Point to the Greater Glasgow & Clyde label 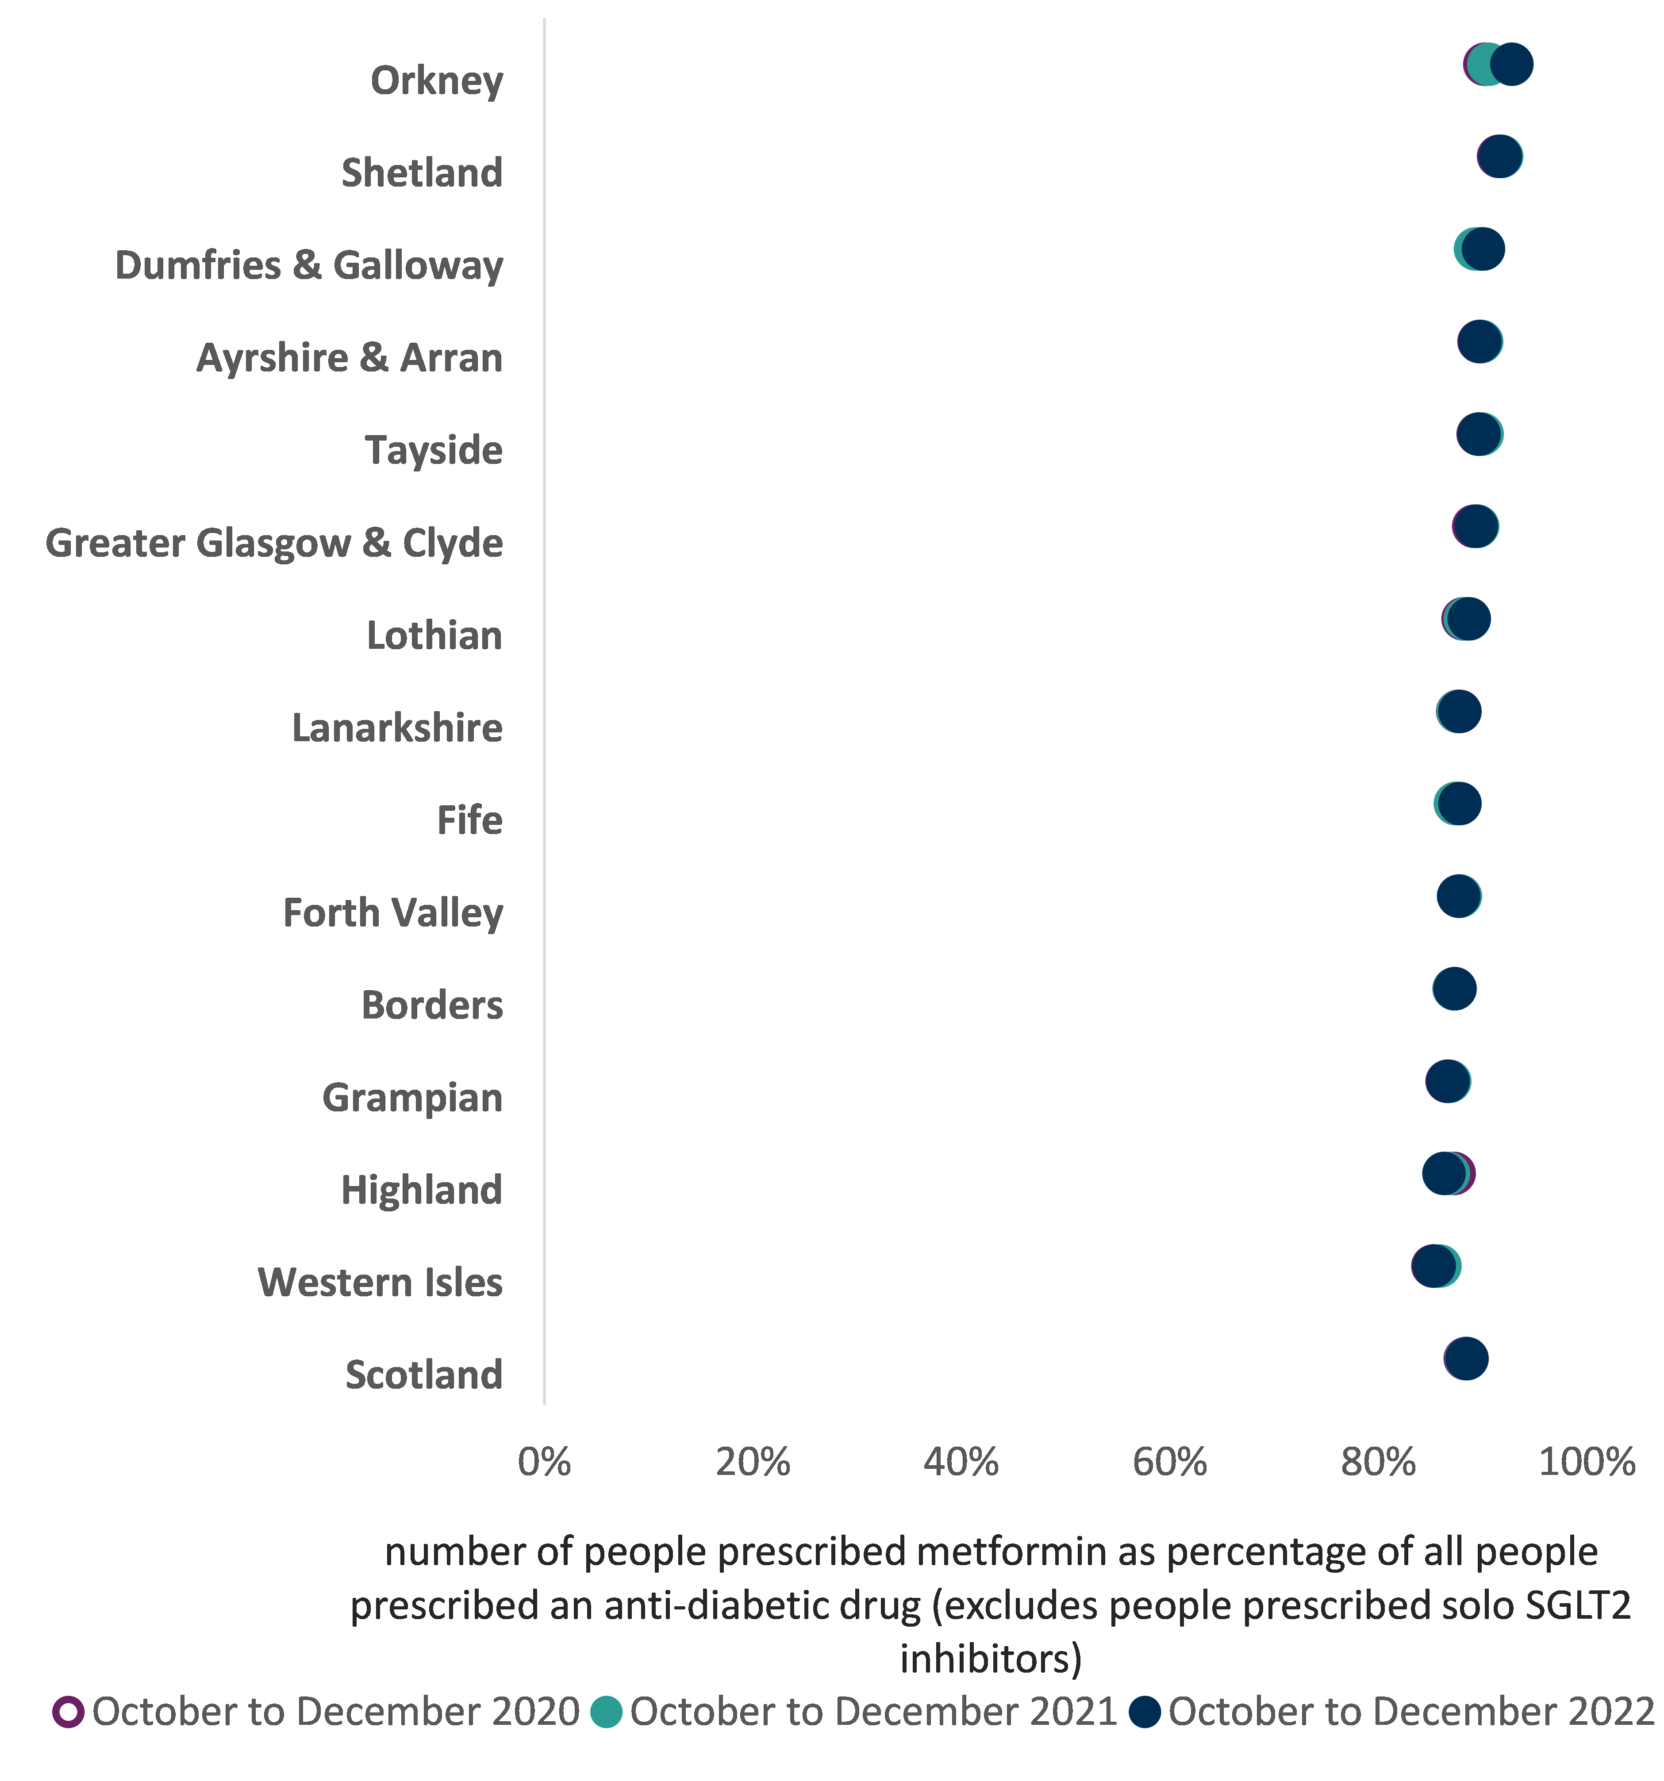tap(274, 543)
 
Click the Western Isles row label tap(380, 1282)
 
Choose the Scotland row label tap(424, 1374)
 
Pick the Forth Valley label tap(392, 913)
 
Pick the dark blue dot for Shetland tap(1499, 157)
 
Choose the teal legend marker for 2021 tap(607, 1711)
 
